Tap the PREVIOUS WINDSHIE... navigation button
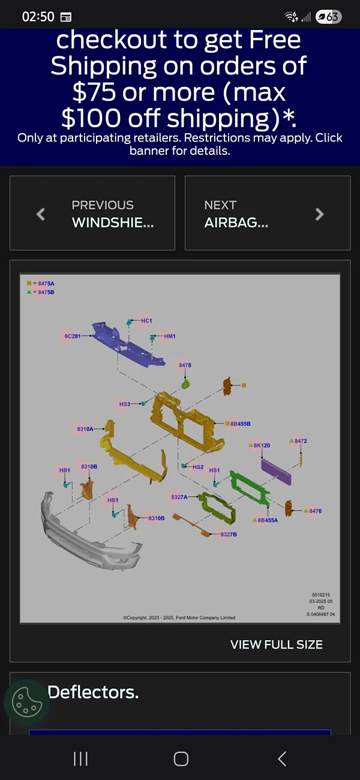[92, 213]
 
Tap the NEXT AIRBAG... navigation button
[268, 213]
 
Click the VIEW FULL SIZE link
[277, 644]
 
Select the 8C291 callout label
[73, 336]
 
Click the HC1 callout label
[146, 320]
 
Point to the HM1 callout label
[170, 336]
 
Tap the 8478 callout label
[185, 365]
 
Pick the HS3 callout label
[125, 404]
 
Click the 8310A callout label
[85, 428]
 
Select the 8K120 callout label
[262, 445]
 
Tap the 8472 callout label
[301, 441]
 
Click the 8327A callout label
[179, 497]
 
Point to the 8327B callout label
[229, 534]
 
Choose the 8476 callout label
[315, 511]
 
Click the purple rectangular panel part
[276, 471]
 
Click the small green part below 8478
[185, 384]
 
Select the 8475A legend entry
[41, 283]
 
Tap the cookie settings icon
[27, 702]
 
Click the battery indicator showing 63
[328, 16]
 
